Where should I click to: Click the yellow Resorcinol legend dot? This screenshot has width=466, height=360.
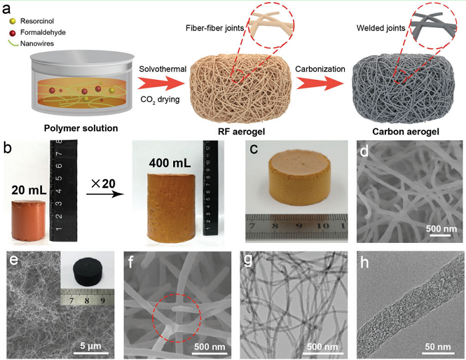click(x=13, y=21)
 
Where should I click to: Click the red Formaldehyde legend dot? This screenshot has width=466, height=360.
click(x=13, y=33)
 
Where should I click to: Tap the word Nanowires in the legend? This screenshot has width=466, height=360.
click(x=37, y=43)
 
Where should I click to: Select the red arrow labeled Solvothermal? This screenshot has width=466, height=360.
click(x=161, y=84)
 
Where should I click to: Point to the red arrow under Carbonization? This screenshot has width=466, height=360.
click(x=320, y=83)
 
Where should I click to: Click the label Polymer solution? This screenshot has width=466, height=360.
click(x=81, y=128)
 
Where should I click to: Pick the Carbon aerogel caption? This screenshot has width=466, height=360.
click(x=405, y=132)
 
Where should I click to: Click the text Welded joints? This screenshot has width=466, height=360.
click(x=381, y=28)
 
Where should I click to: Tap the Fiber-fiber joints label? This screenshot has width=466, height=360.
click(x=215, y=28)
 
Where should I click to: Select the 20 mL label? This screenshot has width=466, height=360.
click(x=29, y=190)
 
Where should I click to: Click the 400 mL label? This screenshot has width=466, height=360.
click(x=170, y=163)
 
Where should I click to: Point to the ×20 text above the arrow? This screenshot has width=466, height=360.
click(x=103, y=184)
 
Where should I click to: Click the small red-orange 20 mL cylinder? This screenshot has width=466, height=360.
click(x=29, y=220)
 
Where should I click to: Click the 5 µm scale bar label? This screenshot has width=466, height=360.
click(x=91, y=346)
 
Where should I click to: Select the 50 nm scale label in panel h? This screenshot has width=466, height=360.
click(x=438, y=347)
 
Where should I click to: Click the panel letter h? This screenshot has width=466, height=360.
click(x=364, y=262)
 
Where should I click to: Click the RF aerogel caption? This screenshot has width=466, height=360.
click(x=241, y=132)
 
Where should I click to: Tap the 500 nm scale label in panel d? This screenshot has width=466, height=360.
click(x=441, y=229)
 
